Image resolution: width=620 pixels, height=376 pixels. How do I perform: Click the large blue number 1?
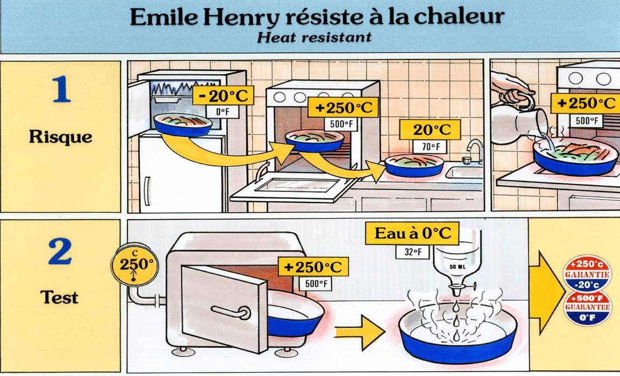click(62, 89)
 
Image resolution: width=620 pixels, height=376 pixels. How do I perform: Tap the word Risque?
click(60, 137)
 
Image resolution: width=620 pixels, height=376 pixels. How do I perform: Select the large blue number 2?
click(60, 251)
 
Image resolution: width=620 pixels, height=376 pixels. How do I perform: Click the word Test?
click(59, 297)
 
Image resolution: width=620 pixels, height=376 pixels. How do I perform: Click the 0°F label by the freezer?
click(223, 112)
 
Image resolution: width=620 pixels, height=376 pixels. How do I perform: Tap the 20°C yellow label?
click(430, 130)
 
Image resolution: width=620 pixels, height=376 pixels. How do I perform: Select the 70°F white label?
click(430, 147)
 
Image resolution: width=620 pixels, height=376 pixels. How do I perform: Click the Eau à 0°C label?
click(412, 233)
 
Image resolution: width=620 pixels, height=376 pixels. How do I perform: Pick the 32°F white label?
click(412, 252)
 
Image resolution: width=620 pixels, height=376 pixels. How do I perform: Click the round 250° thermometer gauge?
click(135, 265)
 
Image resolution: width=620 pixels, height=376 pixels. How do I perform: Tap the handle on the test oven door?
click(231, 312)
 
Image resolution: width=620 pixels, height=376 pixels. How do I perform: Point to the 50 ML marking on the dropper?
click(458, 267)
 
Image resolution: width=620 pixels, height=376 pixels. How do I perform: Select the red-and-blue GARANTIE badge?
click(587, 273)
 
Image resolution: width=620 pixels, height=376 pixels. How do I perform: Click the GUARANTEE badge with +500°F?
click(587, 308)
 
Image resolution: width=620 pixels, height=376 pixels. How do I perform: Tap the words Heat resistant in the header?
click(314, 38)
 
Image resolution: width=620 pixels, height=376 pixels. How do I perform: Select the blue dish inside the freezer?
click(182, 124)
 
